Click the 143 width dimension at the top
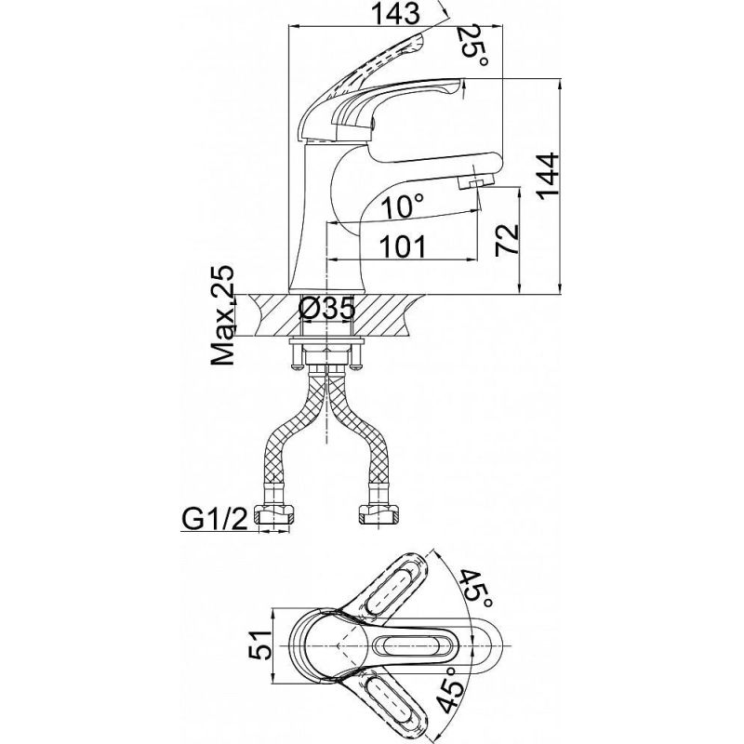(395, 13)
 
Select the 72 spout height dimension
(507, 240)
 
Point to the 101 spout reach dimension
(404, 246)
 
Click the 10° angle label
(403, 206)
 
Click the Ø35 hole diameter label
(327, 310)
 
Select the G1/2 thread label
(215, 521)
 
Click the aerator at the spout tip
(476, 181)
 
